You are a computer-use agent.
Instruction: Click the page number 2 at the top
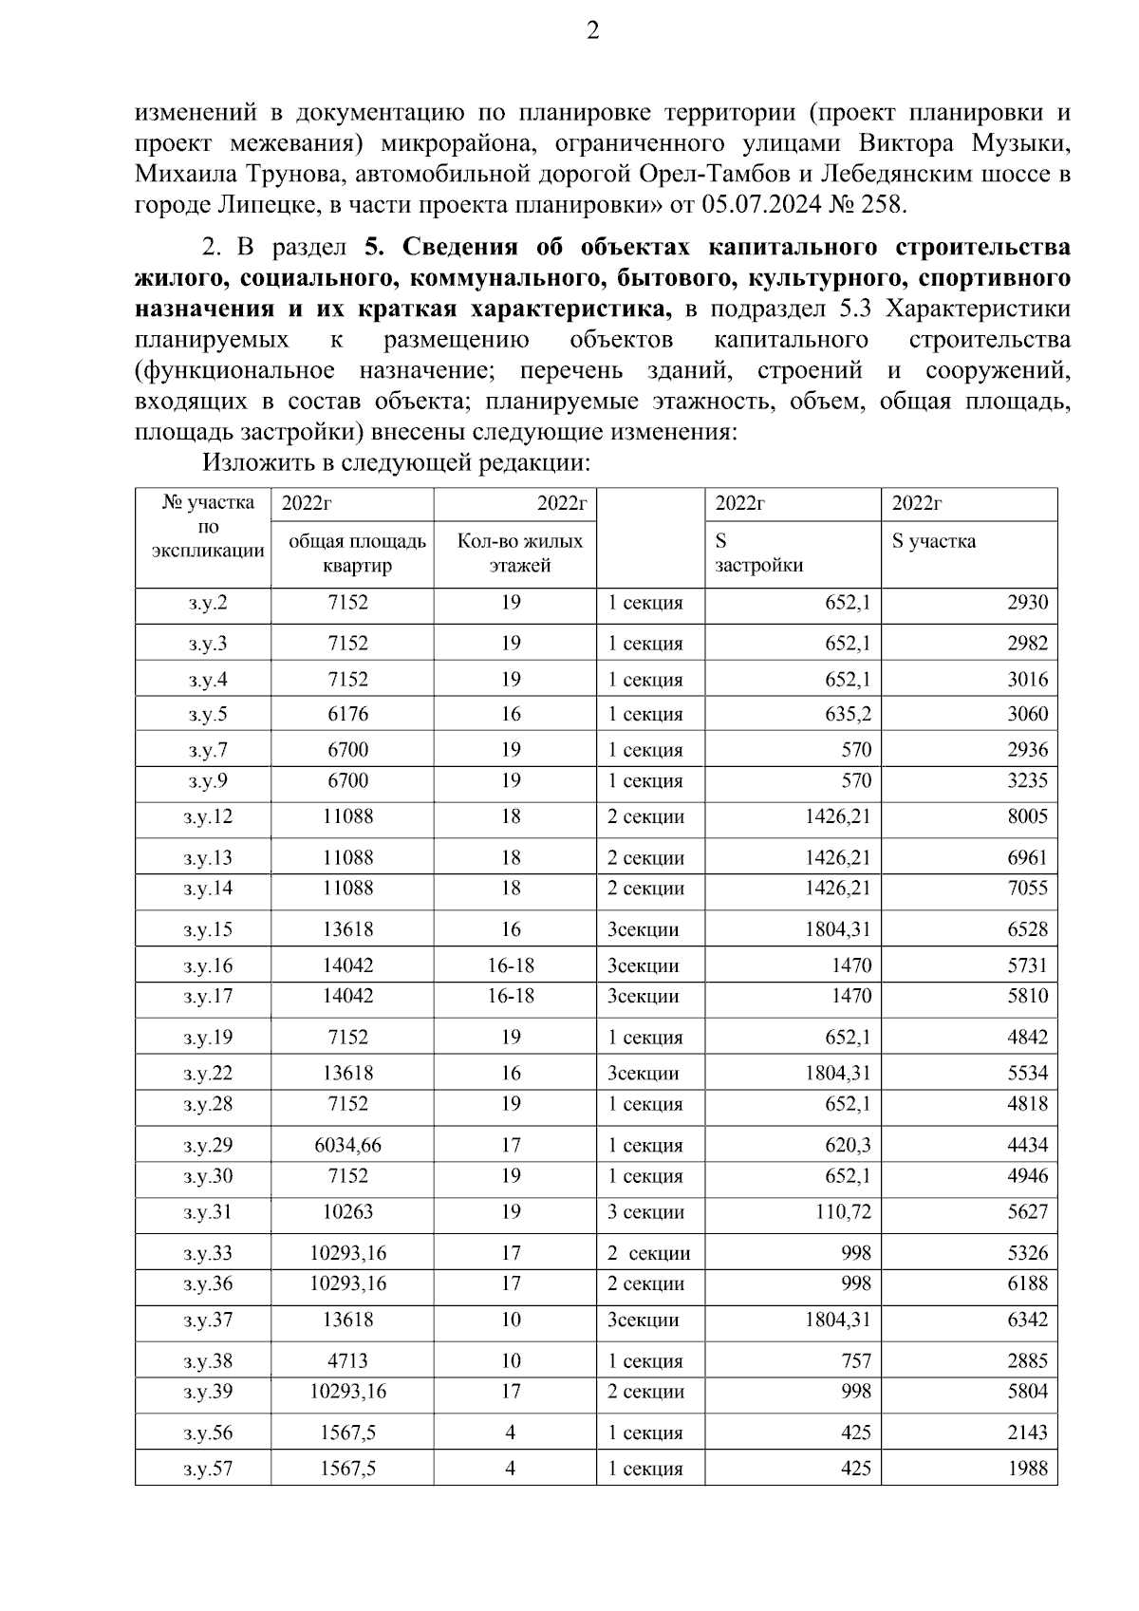point(592,31)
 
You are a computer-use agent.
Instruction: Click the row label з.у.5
point(207,714)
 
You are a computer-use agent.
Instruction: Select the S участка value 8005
point(1027,816)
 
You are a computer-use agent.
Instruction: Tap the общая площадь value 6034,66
point(347,1145)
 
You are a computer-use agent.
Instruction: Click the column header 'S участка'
point(933,542)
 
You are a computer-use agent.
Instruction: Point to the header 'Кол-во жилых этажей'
point(519,553)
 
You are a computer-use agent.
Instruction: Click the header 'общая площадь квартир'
point(357,553)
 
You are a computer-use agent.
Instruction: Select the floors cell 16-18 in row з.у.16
point(511,965)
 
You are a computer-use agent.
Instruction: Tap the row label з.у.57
point(207,1469)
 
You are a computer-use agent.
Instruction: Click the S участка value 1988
point(1027,1469)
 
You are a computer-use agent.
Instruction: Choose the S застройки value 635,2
point(847,714)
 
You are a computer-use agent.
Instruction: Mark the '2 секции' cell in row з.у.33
point(648,1253)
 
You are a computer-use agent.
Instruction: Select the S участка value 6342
point(1027,1320)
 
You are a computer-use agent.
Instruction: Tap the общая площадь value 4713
point(347,1360)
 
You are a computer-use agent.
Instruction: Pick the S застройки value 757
point(855,1360)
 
